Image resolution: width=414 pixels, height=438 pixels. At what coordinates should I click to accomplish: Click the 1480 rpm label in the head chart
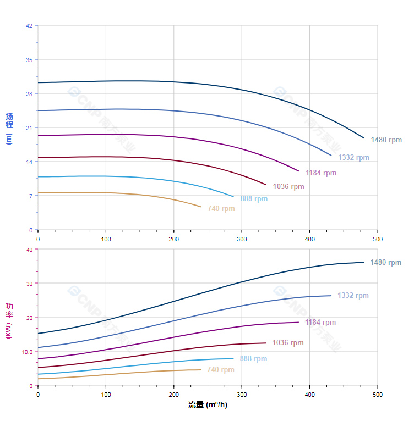coord(386,140)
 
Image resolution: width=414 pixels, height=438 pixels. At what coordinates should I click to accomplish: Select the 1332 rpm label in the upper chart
coord(353,157)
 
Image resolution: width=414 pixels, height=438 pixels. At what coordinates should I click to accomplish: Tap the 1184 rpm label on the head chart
coord(321,173)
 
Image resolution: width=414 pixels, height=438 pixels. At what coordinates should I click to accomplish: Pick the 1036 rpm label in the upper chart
coord(288,186)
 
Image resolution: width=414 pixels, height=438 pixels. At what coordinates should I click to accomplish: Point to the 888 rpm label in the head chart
coord(254,198)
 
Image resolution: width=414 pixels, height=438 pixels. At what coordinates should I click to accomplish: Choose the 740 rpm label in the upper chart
coord(221,208)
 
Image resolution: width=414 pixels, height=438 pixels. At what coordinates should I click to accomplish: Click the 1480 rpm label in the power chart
coord(385,262)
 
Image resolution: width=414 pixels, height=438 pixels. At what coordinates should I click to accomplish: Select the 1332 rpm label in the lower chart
coord(353,295)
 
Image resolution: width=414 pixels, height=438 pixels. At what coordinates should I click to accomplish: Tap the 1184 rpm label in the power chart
coord(320,322)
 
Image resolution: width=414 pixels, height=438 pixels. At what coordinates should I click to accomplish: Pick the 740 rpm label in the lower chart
coord(221,369)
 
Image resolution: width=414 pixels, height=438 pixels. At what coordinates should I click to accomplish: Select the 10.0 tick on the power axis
coord(27,351)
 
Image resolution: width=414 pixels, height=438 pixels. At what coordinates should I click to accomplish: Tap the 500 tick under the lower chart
coord(378,395)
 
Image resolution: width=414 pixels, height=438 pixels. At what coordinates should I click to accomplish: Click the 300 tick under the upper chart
coord(242,239)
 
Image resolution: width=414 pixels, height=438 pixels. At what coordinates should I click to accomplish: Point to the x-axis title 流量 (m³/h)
coord(208,405)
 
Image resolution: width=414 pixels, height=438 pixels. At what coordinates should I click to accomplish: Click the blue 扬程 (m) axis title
coord(9,128)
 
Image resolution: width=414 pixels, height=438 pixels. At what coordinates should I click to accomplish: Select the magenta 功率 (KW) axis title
coord(9,320)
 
